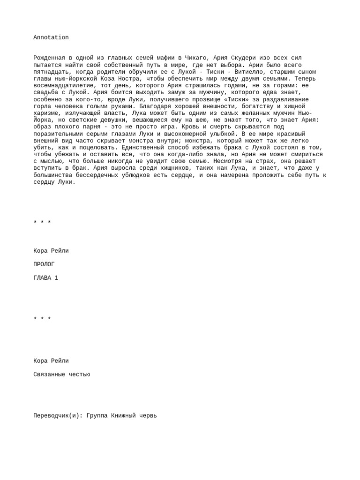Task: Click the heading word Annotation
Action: tap(51, 37)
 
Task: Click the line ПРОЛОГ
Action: tap(44, 264)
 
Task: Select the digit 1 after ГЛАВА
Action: tap(57, 278)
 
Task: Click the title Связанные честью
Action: tap(61, 375)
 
